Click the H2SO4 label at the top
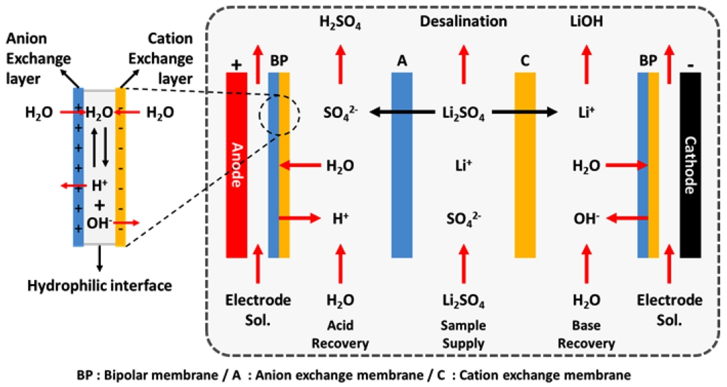tap(341, 22)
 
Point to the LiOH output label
tap(586, 22)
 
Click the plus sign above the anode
tap(236, 63)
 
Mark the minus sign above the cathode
tap(690, 65)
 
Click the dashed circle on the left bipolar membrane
tap(279, 116)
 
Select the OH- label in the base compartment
tap(587, 219)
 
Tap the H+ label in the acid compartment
tap(340, 219)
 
